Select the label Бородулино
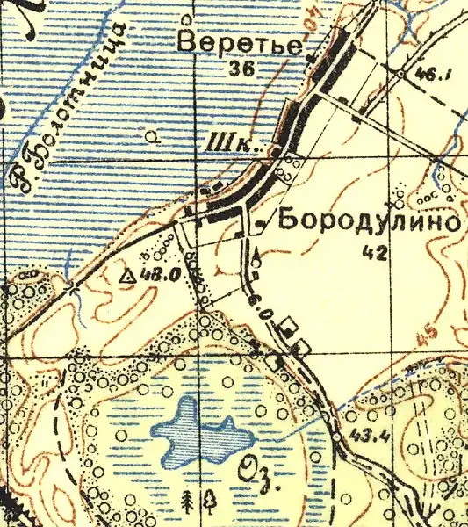[369, 221]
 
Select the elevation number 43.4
[365, 437]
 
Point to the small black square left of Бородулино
[260, 226]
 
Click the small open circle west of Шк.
[155, 136]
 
